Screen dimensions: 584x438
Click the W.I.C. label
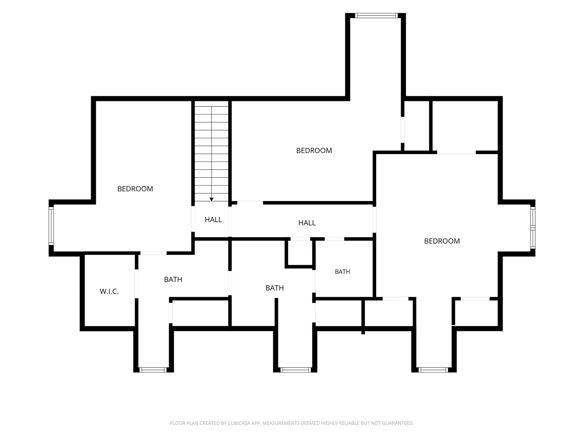point(109,291)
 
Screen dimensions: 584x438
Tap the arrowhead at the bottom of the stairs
point(211,199)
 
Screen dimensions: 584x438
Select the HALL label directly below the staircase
point(213,220)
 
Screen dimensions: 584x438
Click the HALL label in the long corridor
point(307,223)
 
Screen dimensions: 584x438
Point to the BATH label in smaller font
point(342,272)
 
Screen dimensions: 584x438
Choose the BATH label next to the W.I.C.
point(173,279)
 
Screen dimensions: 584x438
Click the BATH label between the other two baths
point(275,288)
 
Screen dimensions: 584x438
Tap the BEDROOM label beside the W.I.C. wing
point(135,189)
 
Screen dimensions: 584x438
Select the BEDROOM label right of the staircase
point(314,151)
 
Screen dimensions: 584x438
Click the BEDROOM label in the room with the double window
point(442,241)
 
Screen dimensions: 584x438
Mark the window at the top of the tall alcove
point(376,16)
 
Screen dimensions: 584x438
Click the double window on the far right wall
point(533,228)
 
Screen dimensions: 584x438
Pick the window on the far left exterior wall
point(51,225)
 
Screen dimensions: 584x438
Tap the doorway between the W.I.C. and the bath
point(137,284)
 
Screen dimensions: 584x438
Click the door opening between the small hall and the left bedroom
point(193,219)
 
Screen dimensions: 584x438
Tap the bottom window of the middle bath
point(295,370)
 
